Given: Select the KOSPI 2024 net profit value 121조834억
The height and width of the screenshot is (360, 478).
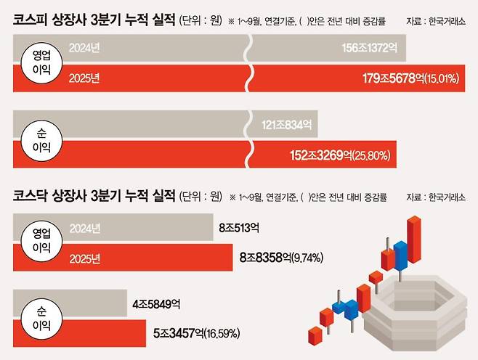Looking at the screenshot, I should point(287,126).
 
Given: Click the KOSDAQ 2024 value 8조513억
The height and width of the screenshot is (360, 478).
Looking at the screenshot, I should point(239,228).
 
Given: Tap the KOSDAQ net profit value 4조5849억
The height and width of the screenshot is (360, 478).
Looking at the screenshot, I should point(156,303).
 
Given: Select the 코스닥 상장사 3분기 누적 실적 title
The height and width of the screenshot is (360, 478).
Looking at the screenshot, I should point(94,195).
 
